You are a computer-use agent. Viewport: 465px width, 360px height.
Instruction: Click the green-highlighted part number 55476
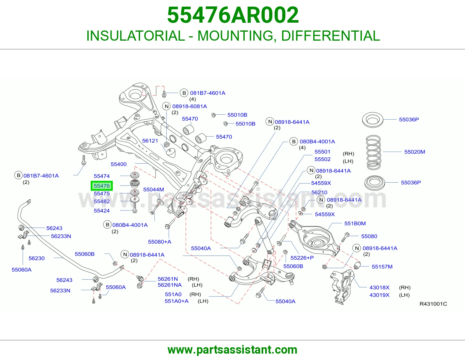tap(102, 186)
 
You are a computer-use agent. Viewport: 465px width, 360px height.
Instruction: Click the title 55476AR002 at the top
tap(233, 15)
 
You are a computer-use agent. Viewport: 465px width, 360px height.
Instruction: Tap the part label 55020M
tap(414, 152)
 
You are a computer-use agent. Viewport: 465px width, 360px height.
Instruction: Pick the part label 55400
tap(119, 164)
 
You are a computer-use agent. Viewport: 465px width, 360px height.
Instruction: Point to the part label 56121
tap(150, 141)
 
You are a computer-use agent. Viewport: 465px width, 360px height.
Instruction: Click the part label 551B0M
tap(355, 223)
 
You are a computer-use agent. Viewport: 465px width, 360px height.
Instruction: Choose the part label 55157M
tap(382, 267)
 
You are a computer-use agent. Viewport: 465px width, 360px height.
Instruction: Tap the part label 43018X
tap(379, 287)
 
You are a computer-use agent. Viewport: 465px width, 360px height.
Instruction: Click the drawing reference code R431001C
tap(433, 304)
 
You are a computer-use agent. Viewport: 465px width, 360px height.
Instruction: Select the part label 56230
tap(37, 258)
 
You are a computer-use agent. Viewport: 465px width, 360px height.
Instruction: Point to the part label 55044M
tap(153, 189)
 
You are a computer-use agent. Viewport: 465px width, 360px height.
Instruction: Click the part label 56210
tap(319, 192)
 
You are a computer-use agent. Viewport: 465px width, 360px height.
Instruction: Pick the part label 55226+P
tap(302, 258)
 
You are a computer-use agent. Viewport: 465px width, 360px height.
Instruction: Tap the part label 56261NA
tap(169, 285)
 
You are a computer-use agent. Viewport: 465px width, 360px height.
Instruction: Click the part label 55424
tap(102, 210)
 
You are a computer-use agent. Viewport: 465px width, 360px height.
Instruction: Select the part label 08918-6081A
tap(189, 106)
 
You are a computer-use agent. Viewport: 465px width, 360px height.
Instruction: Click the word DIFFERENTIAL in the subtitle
tap(330, 36)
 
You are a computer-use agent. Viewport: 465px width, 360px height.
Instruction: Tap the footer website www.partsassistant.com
tap(233, 350)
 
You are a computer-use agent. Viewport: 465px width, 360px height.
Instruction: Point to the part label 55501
tap(322, 152)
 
